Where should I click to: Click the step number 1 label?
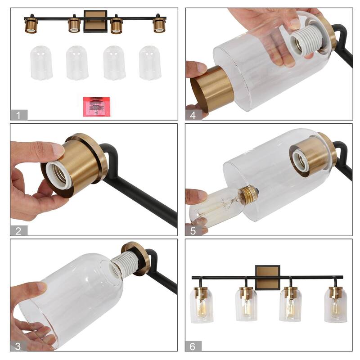[x=18, y=115]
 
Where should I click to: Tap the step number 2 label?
[x=18, y=231]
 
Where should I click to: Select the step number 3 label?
[x=18, y=346]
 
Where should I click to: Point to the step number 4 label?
[x=193, y=115]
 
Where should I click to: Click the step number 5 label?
[x=193, y=231]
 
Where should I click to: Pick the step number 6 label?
[x=193, y=346]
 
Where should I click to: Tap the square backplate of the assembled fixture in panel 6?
[x=267, y=277]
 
